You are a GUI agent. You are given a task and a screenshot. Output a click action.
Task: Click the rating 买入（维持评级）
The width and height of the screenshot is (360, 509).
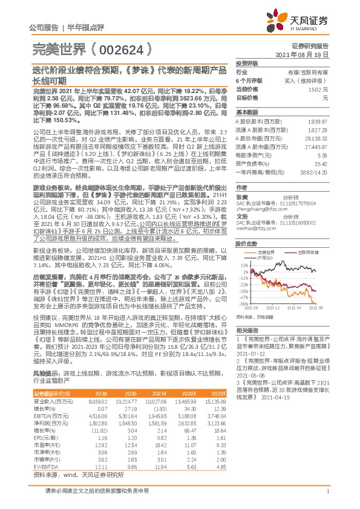[x=309, y=80]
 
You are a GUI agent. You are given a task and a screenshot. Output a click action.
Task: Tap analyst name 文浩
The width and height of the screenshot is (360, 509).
[x=241, y=215]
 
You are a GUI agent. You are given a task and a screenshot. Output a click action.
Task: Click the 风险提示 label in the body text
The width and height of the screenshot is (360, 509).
[x=44, y=375]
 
